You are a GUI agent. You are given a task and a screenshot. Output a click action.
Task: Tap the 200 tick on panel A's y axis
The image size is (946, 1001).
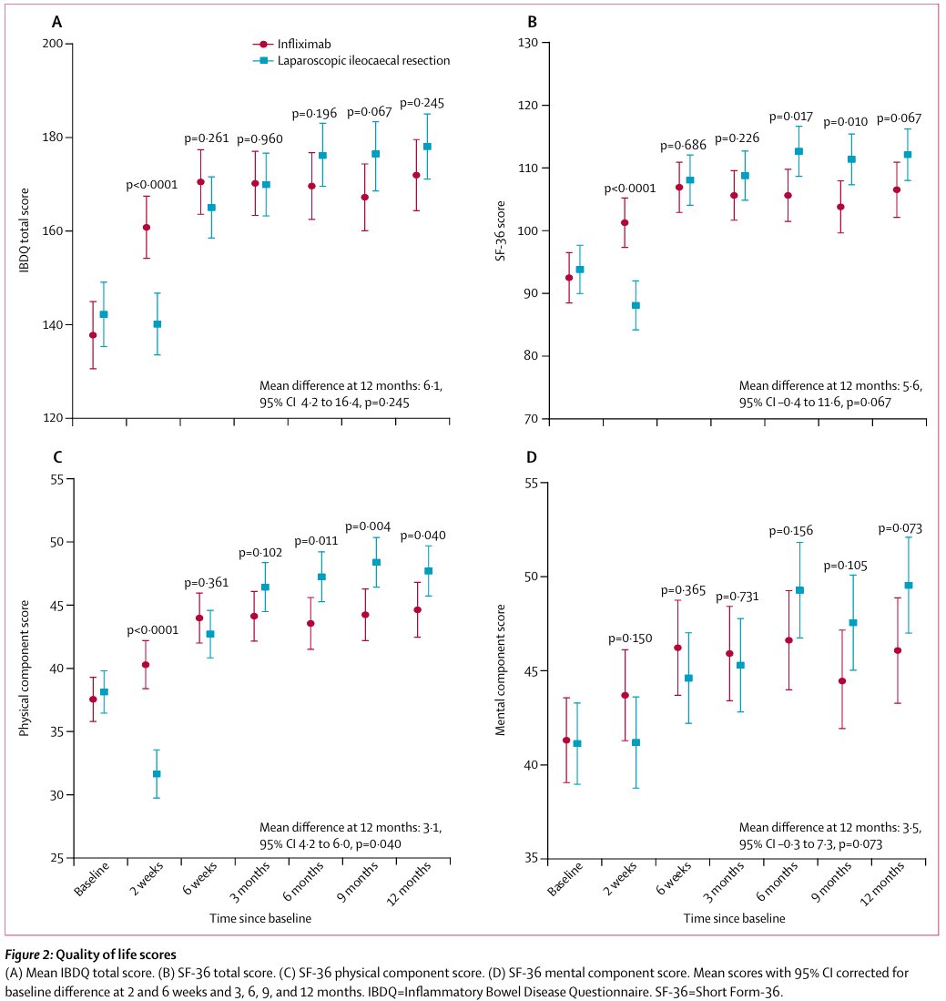coord(55,43)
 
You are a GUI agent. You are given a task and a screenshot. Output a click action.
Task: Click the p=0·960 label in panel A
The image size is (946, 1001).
coord(259,139)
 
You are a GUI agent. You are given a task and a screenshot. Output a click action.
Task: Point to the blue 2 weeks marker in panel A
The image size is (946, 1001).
coord(158,324)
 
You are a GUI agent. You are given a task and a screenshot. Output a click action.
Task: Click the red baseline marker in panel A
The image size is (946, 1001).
coord(93,335)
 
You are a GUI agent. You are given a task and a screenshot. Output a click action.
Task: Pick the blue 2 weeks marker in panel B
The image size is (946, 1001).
coord(636,306)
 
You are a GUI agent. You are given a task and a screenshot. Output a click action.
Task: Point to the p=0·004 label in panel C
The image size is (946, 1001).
coord(368,526)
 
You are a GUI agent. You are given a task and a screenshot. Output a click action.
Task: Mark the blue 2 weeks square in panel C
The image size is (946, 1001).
coord(157,774)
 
